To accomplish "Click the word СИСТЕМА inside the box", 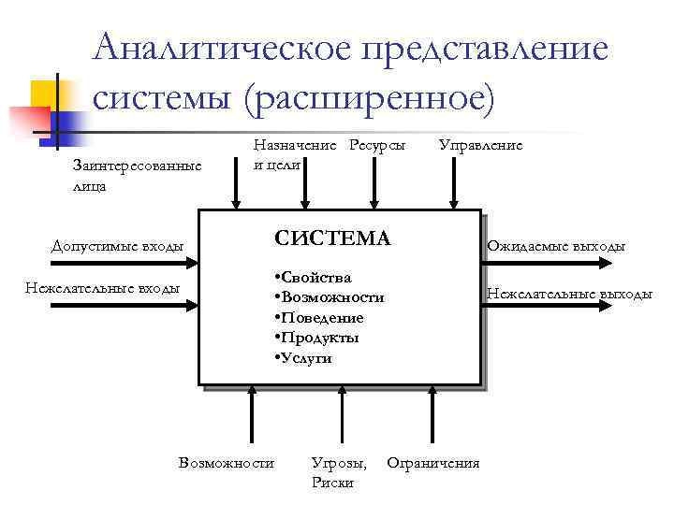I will pyautogui.click(x=332, y=238).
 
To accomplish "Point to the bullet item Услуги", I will pyautogui.click(x=304, y=358).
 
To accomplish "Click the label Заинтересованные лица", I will pyautogui.click(x=136, y=176).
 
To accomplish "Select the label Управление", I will pyautogui.click(x=480, y=145).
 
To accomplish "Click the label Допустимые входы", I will pyautogui.click(x=117, y=246).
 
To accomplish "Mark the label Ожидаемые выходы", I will pyautogui.click(x=555, y=246).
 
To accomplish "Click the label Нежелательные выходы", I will pyautogui.click(x=569, y=294).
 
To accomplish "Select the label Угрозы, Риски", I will pyautogui.click(x=338, y=472).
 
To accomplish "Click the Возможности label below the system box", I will pyautogui.click(x=226, y=462).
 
